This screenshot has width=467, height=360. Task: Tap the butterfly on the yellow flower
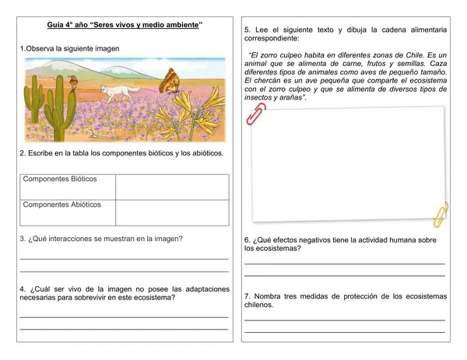(170, 80)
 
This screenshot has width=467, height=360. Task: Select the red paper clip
(255, 114)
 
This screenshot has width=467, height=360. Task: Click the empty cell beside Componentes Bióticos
(172, 187)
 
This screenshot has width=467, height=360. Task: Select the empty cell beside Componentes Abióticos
(172, 212)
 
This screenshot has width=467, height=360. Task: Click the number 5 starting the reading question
(247, 30)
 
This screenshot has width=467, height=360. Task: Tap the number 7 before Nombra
(247, 296)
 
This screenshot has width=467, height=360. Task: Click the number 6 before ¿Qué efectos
(247, 240)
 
